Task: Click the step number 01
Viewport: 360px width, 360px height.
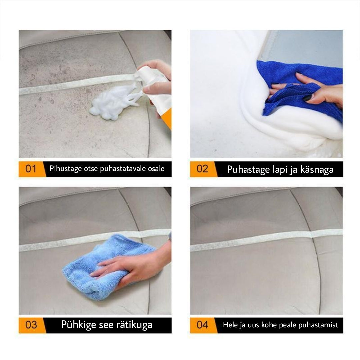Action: pyautogui.click(x=31, y=169)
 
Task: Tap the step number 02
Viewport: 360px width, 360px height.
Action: pyautogui.click(x=202, y=169)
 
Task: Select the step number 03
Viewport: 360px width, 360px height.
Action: pyautogui.click(x=31, y=325)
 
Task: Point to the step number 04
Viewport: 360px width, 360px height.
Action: pyautogui.click(x=202, y=325)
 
